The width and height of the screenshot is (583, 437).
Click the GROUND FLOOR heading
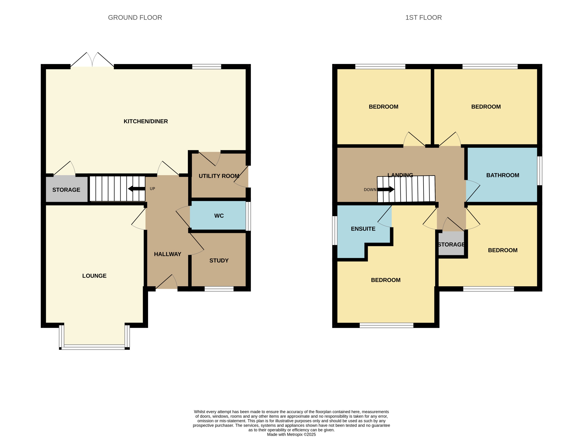tap(135, 18)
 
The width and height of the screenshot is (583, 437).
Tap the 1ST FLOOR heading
tap(423, 18)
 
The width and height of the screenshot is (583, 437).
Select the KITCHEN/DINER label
tap(146, 121)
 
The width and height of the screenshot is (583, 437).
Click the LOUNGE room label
tap(94, 276)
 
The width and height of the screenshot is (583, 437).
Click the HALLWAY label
tap(168, 254)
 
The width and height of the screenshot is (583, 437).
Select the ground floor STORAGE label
tap(66, 190)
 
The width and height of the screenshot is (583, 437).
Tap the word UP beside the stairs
tap(152, 189)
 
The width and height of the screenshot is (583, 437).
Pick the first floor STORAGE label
tap(451, 245)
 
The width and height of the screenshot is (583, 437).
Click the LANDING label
tap(400, 175)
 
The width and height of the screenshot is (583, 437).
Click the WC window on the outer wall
tap(248, 216)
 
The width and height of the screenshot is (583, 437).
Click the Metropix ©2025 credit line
tap(291, 435)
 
